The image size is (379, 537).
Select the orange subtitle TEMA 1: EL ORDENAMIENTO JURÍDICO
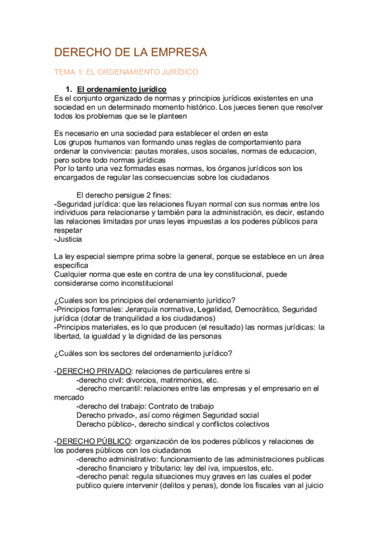(x=127, y=73)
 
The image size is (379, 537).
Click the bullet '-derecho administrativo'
(x=119, y=458)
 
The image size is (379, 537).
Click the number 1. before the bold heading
(x=79, y=89)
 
